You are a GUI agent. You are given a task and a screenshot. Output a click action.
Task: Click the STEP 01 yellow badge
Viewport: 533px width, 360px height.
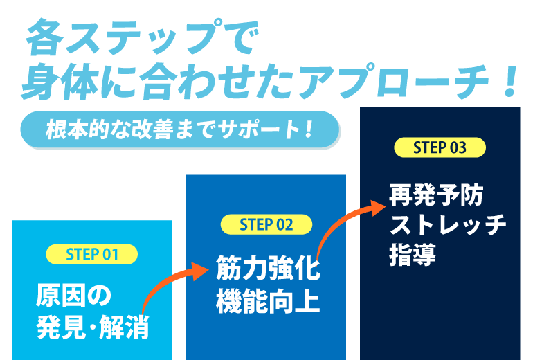pos(92,254)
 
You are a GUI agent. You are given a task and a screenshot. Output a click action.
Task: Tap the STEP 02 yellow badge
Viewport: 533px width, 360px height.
pos(266,225)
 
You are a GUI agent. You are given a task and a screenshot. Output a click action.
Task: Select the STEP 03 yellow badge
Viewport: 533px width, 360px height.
pos(440,147)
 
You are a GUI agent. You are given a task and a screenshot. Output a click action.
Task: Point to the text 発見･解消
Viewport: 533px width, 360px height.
pos(92,326)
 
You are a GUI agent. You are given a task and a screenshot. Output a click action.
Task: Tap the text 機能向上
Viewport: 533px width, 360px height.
pos(267,302)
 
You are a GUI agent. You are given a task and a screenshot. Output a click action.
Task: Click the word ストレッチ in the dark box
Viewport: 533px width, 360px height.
pos(447,225)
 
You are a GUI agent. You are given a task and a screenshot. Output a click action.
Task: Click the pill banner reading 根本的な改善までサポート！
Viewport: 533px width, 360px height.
pos(180,129)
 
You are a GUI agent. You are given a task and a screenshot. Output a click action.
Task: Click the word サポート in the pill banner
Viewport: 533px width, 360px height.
pos(260,129)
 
